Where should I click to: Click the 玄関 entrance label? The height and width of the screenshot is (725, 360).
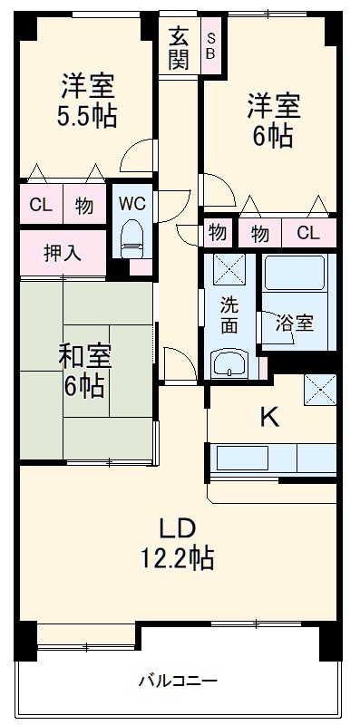click(179, 49)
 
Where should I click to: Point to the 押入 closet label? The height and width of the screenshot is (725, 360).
click(62, 252)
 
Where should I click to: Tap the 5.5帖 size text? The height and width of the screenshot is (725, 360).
click(88, 118)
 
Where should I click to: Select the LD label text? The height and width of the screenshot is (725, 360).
click(179, 528)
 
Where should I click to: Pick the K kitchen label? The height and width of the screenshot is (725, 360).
click(269, 417)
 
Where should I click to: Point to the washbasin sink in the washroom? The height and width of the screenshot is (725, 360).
click(230, 364)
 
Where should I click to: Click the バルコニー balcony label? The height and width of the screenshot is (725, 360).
click(178, 680)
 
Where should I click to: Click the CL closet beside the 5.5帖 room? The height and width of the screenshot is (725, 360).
click(40, 205)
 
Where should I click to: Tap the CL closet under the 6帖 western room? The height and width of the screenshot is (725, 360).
click(308, 233)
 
